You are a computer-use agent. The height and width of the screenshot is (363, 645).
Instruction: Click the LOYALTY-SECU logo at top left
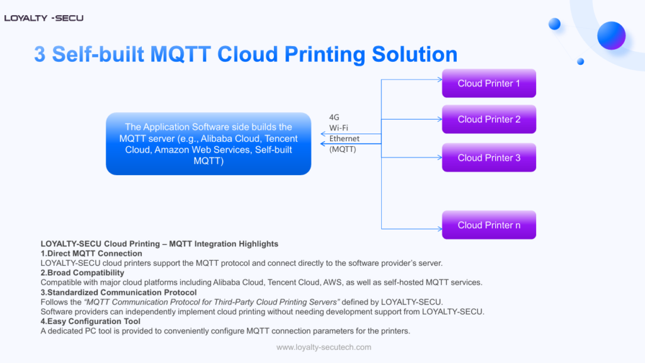coord(43,18)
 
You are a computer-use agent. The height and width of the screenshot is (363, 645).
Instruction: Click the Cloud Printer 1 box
coord(489,83)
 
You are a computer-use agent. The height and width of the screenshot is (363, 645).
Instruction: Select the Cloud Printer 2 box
coord(489,119)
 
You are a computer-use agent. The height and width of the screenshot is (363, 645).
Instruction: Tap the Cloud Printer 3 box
coord(489,158)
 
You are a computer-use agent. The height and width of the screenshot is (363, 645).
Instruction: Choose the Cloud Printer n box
coord(489,225)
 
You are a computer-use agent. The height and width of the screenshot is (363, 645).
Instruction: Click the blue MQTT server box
coord(208,144)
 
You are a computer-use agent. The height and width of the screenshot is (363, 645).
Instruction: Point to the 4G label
coord(334,117)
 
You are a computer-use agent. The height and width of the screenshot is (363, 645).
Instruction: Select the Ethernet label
coord(344,139)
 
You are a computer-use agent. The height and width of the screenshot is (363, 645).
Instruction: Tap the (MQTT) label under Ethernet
coord(343,149)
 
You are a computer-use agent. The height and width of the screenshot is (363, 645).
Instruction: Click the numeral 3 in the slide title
coord(40,54)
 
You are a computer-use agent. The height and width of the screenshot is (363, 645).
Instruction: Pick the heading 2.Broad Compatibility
coord(83,273)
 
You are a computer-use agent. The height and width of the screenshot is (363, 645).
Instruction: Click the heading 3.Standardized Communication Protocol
coord(118,292)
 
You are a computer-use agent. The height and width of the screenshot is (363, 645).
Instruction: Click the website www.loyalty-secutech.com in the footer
coord(324,347)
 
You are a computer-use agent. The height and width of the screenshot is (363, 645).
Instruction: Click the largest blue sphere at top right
coord(611,35)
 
